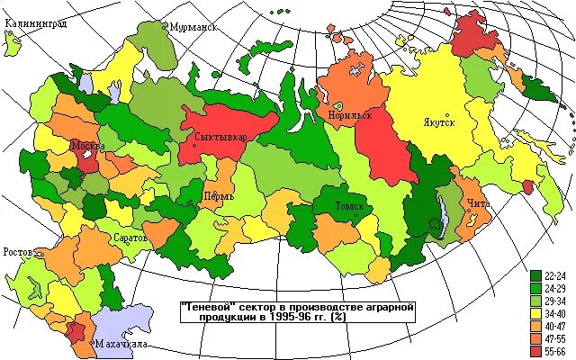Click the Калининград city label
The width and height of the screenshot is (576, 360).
point(35,25)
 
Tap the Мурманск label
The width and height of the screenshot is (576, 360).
point(194,27)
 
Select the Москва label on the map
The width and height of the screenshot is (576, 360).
point(88,146)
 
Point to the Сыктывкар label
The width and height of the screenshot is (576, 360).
point(220,137)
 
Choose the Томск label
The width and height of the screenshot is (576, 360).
point(349,206)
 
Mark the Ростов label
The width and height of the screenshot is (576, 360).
point(20,251)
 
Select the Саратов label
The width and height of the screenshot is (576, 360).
point(130,238)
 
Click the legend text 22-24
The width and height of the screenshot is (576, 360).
point(555,275)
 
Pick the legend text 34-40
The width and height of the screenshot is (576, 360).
point(555,311)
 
